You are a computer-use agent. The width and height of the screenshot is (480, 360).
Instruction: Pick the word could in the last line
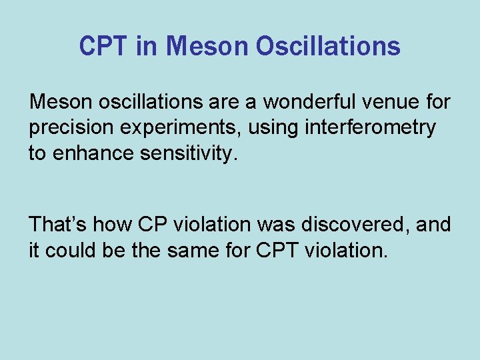click(71, 250)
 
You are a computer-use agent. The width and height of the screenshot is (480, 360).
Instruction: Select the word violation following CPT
click(345, 250)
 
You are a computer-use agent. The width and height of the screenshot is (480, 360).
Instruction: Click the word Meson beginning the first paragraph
click(56, 102)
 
